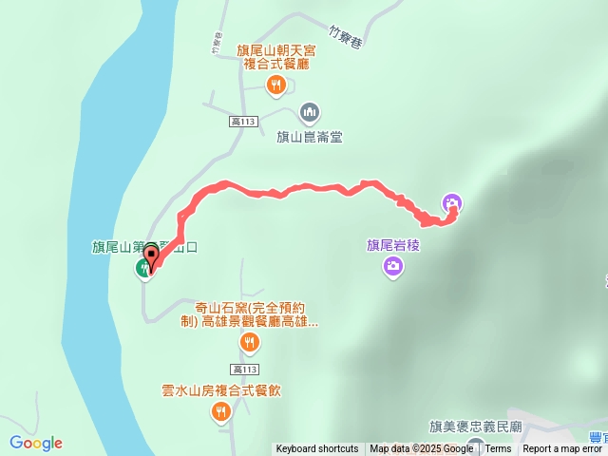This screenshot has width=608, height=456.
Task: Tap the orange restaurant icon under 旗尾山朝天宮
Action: tap(275, 86)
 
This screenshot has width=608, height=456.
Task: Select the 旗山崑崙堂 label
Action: tap(309, 137)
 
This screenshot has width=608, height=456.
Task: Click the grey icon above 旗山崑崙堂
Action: tap(309, 114)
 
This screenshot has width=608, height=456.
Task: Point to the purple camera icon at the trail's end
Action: tap(452, 202)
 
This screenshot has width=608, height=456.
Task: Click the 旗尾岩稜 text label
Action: tap(393, 245)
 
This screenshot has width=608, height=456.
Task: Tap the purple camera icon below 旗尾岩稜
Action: tap(392, 268)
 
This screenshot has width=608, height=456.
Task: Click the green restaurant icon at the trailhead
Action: tap(144, 268)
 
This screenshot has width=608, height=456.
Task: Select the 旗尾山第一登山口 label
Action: tap(152, 248)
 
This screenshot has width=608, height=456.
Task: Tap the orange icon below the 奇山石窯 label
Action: tap(249, 341)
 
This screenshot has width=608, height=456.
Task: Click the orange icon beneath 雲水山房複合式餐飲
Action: tap(220, 411)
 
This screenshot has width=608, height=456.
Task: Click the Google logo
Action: tap(36, 443)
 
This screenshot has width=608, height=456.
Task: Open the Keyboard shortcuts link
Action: tap(317, 449)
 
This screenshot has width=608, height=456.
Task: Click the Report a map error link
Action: tap(564, 449)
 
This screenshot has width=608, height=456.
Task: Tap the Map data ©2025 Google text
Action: tap(422, 449)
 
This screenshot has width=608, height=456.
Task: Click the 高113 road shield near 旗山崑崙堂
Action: tap(244, 121)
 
